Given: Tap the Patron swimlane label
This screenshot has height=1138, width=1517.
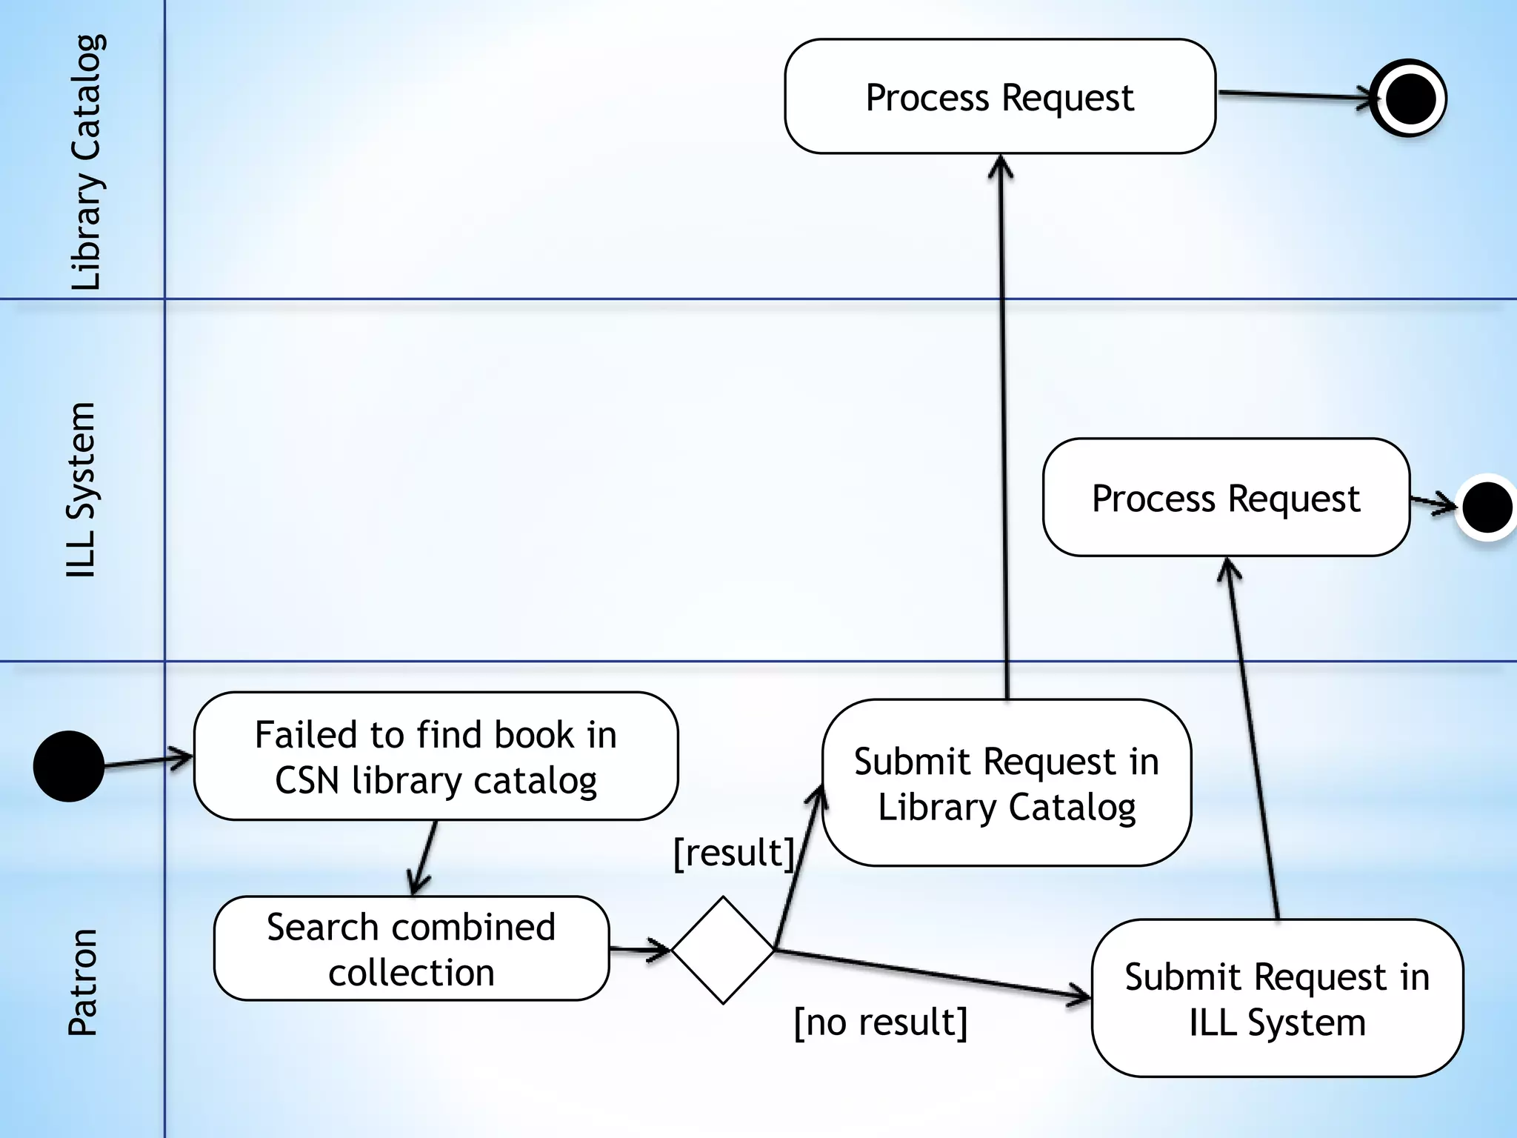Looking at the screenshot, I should tap(82, 982).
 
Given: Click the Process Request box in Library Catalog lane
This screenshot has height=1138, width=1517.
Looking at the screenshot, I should tap(999, 97).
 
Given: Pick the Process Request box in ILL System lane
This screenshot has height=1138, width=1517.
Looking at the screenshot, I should tap(1225, 498).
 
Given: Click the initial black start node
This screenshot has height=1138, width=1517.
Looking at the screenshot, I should tap(69, 766).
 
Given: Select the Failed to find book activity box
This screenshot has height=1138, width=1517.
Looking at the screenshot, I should tap(436, 756).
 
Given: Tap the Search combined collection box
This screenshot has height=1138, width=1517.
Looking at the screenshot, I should tap(411, 949).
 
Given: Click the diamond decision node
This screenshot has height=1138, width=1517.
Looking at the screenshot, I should tap(722, 950).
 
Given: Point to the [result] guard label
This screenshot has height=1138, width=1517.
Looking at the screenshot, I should tap(733, 853).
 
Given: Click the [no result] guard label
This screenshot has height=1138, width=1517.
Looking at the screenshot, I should tap(880, 1022).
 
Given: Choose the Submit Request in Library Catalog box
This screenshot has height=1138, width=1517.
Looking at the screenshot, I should tap(1006, 783).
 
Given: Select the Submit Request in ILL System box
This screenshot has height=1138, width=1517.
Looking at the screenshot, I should tap(1277, 999).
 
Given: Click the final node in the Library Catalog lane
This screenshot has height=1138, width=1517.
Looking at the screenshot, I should tap(1408, 98).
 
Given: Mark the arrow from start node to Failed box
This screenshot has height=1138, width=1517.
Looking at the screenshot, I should tap(147, 761).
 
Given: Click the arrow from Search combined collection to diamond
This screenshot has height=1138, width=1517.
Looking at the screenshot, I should tap(639, 949).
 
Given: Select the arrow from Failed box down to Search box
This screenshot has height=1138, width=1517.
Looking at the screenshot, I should tap(424, 857).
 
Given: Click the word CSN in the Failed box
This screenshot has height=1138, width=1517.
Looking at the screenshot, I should tap(307, 780).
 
